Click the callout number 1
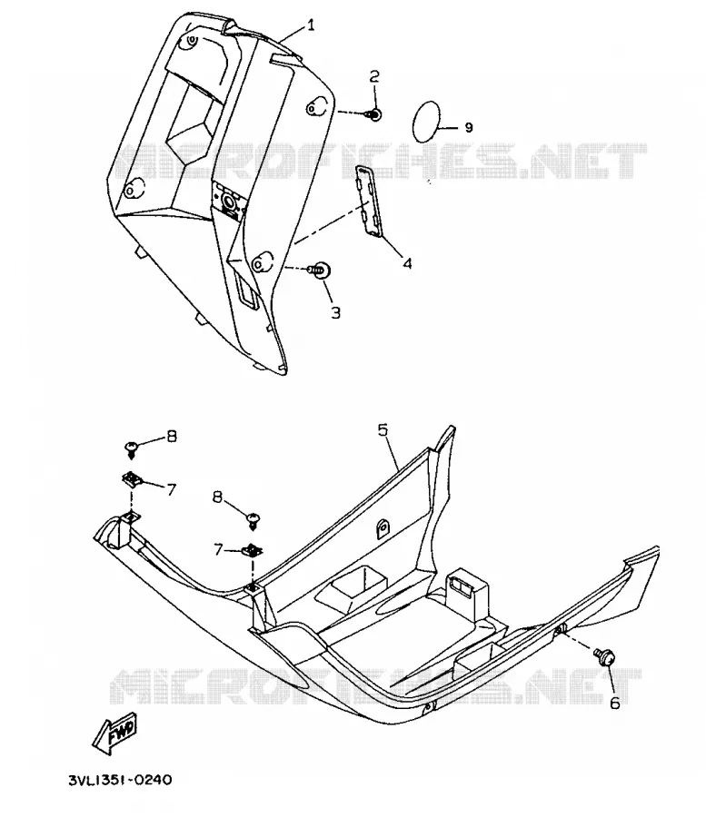point(311,25)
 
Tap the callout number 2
point(374,76)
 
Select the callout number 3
point(336,312)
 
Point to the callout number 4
point(407,263)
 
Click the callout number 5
point(383,430)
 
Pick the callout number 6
point(615,703)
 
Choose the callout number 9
point(468,128)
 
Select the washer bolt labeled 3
point(319,270)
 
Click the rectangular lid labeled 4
point(370,201)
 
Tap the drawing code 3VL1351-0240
point(120,780)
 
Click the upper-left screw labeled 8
point(131,448)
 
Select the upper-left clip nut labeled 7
point(131,478)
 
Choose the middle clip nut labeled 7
point(254,550)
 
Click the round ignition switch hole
point(228,201)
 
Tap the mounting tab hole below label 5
point(383,528)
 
